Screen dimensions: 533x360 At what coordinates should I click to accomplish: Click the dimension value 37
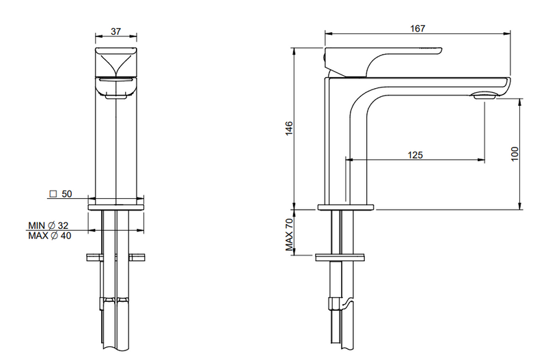click(115, 31)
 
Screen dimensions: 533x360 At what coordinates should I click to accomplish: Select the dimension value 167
click(418, 29)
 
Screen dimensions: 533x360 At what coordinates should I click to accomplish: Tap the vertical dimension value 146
click(289, 128)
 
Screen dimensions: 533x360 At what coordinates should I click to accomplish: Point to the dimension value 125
click(415, 155)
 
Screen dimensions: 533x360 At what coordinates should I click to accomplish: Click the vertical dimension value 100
click(515, 154)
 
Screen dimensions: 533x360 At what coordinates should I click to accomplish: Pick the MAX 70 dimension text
click(289, 234)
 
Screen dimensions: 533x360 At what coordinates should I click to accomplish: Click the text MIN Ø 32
click(48, 225)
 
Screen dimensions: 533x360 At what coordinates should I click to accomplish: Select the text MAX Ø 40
click(50, 236)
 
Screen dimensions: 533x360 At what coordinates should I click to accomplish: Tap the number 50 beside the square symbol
click(67, 194)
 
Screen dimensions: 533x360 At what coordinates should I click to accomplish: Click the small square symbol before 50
click(53, 194)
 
